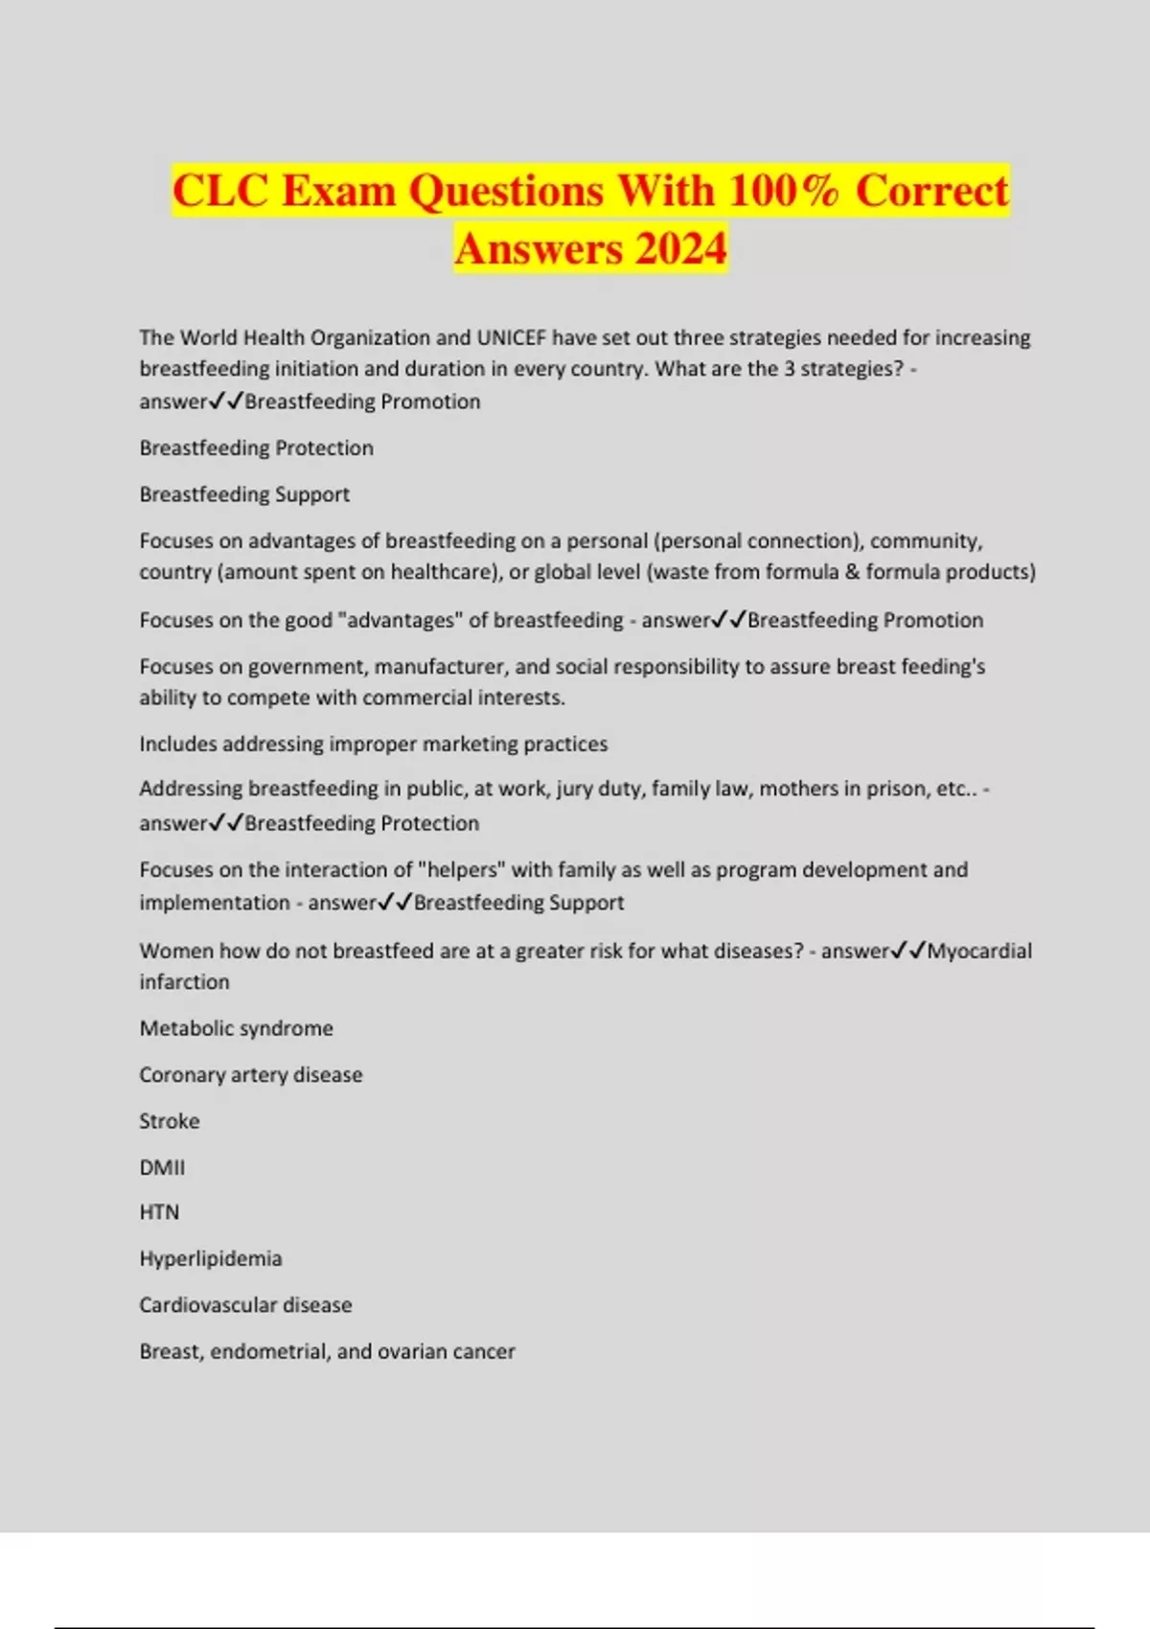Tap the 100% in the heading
(783, 191)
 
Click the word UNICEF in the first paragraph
(511, 337)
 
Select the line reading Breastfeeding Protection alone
(256, 447)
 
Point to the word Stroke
(169, 1121)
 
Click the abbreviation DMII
(162, 1167)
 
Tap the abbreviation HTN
(159, 1212)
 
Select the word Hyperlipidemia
(210, 1258)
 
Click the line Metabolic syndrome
(236, 1028)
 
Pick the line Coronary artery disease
(250, 1074)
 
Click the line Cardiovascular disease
(245, 1304)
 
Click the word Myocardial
(979, 951)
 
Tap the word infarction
(184, 981)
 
